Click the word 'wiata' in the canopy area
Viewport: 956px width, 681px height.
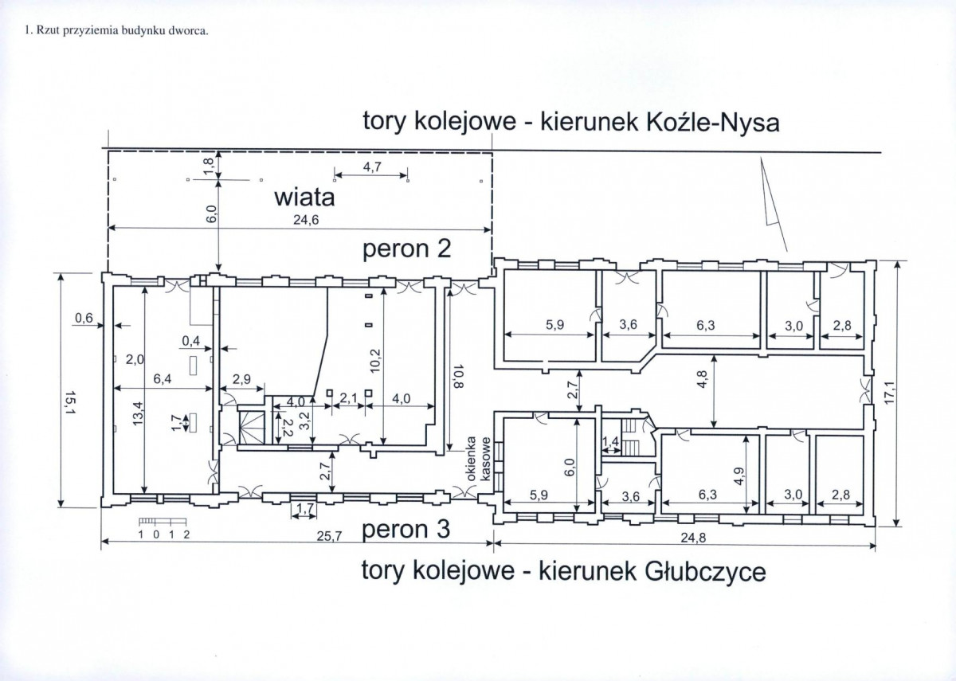(304, 198)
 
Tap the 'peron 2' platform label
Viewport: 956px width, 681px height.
(406, 249)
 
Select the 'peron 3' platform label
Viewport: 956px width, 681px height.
(406, 530)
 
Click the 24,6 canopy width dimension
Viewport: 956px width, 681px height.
(306, 220)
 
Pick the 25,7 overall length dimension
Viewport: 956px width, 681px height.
(330, 536)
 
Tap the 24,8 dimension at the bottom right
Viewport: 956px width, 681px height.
(693, 538)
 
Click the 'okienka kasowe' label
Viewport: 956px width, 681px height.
(478, 459)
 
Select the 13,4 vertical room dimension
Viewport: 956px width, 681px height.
(137, 413)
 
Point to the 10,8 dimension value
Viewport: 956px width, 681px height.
(458, 376)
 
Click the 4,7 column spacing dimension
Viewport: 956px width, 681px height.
(372, 167)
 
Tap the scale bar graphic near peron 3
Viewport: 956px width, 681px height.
(163, 521)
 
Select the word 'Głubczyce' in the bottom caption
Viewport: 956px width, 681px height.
(704, 573)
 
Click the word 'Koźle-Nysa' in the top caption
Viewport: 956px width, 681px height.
(713, 123)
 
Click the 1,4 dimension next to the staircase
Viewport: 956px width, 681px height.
(611, 440)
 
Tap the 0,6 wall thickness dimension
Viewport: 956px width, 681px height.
(84, 318)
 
